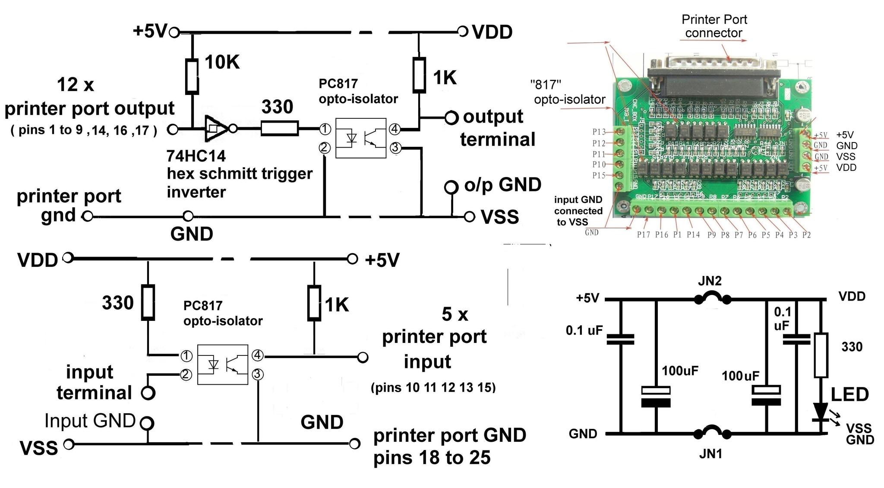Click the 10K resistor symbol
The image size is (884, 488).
click(192, 76)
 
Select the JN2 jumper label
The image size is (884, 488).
click(710, 282)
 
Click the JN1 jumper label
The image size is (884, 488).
click(710, 454)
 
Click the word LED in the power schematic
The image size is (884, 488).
click(850, 394)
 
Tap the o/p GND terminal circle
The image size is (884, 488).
click(451, 187)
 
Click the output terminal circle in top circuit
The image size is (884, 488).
click(451, 117)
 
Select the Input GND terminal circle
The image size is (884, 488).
click(147, 423)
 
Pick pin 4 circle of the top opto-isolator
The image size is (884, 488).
click(394, 129)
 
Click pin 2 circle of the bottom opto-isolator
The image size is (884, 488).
click(186, 374)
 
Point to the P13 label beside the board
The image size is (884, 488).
click(599, 132)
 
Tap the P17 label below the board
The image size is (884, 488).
click(643, 235)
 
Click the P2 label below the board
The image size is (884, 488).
click(806, 235)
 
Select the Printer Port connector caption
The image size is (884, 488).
click(714, 26)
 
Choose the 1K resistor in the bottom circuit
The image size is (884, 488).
click(314, 303)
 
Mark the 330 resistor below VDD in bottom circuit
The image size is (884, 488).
click(148, 302)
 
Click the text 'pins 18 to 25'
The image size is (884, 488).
click(432, 458)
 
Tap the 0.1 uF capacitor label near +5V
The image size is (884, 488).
click(584, 331)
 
